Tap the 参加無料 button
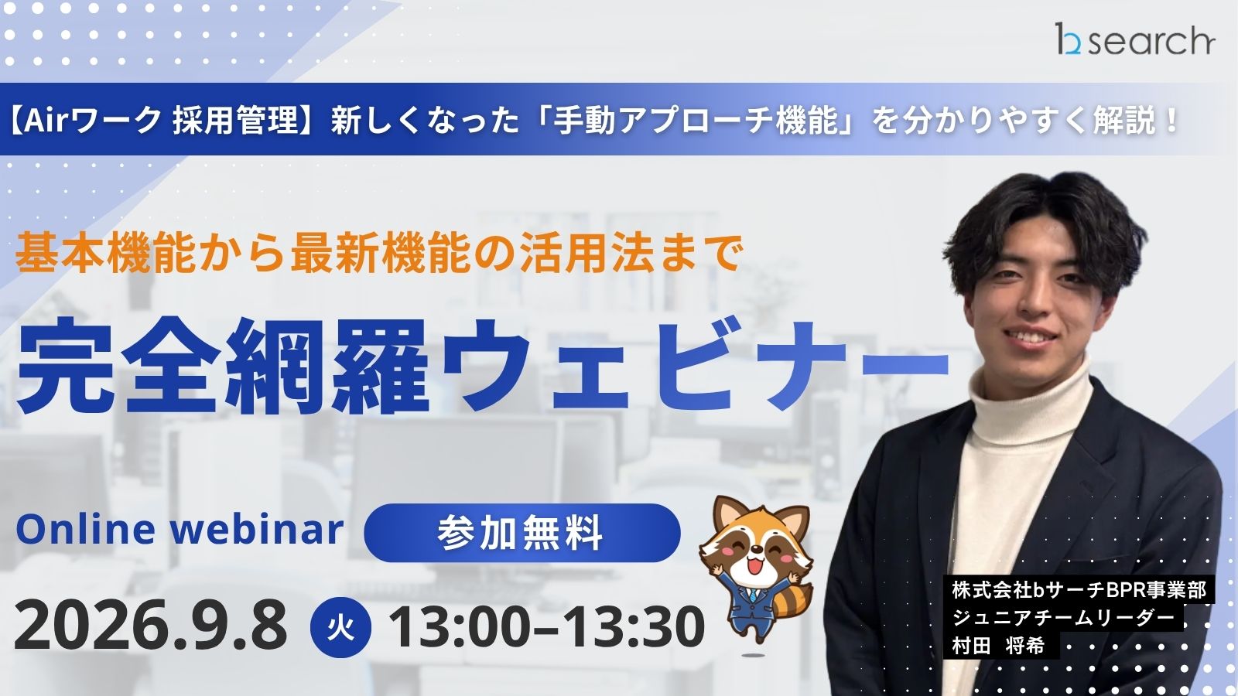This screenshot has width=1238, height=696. click(x=522, y=533)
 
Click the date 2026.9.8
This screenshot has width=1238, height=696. click(x=150, y=626)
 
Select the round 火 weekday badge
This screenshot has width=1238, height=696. click(x=341, y=628)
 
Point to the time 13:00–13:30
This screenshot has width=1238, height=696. click(x=547, y=626)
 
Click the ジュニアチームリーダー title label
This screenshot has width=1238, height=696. click(x=1063, y=618)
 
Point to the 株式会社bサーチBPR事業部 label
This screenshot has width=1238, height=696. click(x=1079, y=590)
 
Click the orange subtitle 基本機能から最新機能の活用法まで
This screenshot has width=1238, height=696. click(x=378, y=254)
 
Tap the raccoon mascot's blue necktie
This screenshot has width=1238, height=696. click(x=753, y=595)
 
